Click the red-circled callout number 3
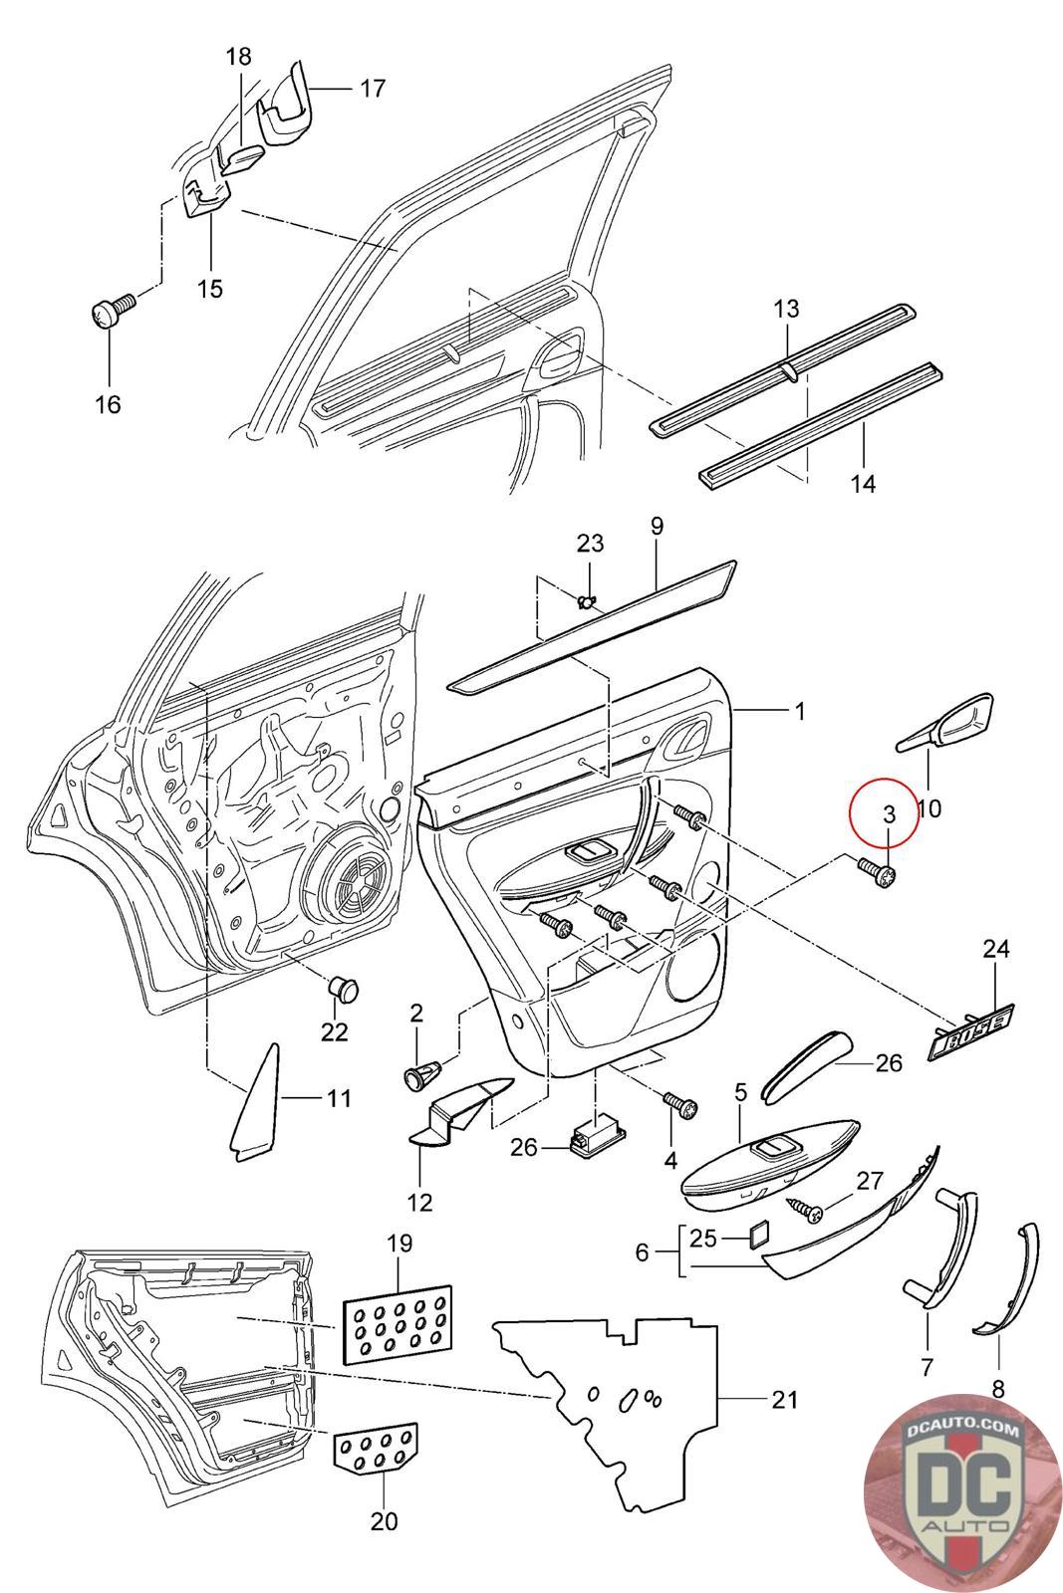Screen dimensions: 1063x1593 pyautogui.click(x=889, y=814)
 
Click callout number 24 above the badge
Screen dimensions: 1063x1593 pyautogui.click(x=995, y=949)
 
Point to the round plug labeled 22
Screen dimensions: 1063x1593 pyautogui.click(x=343, y=988)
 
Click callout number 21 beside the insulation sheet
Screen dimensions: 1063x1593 pyautogui.click(x=784, y=1400)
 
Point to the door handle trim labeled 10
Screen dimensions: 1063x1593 pyautogui.click(x=945, y=722)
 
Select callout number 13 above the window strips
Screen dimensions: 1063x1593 pyautogui.click(x=786, y=309)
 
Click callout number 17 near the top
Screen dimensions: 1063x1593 pyautogui.click(x=373, y=89)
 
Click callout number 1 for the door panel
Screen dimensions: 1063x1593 pyautogui.click(x=800, y=711)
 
